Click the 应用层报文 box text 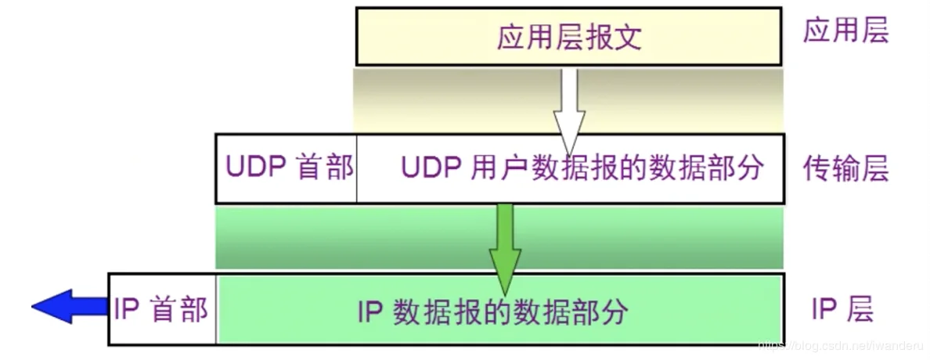[x=568, y=37]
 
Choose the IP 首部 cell [x=161, y=310]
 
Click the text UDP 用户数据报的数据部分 [x=582, y=168]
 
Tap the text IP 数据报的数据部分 [x=492, y=312]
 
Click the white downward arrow [x=569, y=110]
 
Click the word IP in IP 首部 [x=126, y=310]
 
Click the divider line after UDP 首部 [x=357, y=168]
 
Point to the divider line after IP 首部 [x=216, y=310]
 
